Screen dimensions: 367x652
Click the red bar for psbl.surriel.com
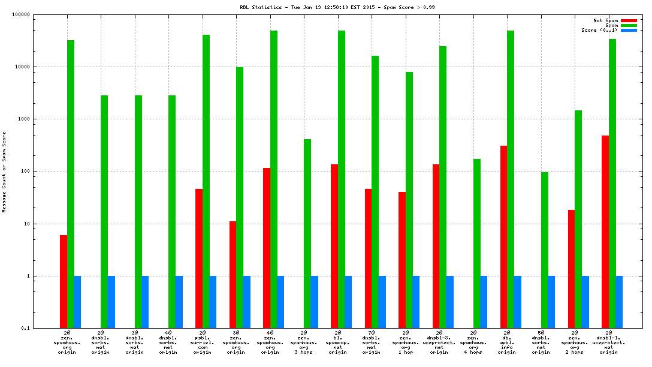pos(198,258)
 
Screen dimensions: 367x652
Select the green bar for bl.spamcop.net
pos(342,179)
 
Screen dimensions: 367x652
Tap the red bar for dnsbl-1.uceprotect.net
pos(605,231)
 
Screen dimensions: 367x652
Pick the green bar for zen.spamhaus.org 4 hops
pos(477,243)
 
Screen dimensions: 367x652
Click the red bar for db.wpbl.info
pos(504,237)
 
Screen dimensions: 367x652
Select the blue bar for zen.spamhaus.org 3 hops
pos(315,302)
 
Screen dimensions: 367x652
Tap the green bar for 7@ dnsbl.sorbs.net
pos(375,192)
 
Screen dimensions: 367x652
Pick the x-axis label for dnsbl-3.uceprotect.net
pos(439,342)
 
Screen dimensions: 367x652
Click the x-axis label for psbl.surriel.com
pos(202,342)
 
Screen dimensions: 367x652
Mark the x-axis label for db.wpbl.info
pos(507,342)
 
